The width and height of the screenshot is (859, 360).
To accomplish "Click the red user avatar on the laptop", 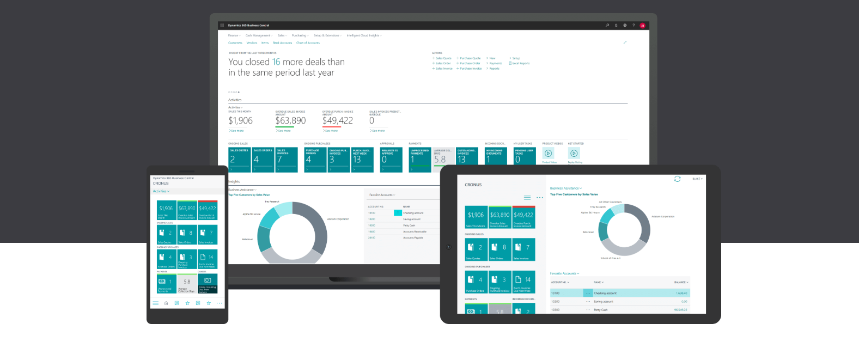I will pos(642,26).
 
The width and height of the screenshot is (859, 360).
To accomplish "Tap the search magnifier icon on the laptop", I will pos(607,25).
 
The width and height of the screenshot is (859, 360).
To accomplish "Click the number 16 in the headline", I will pos(276,62).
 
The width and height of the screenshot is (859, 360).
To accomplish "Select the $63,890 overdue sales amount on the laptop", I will pos(290,121).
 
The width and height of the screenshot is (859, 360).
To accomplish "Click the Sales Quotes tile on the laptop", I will pos(239,160).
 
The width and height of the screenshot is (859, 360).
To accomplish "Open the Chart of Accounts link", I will pos(308,43).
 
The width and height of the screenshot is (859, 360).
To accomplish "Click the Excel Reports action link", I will pos(520,64).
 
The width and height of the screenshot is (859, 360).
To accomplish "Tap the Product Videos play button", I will pos(549,154).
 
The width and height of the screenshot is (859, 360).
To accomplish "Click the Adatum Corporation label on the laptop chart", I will pos(338,219).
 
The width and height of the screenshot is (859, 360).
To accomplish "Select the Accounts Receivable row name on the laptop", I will pos(415,231).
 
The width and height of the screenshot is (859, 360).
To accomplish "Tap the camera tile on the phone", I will pos(208,283).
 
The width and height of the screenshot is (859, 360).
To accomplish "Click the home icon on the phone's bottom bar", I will pos(166,303).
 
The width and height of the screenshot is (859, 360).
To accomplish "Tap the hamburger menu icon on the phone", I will pos(155,303).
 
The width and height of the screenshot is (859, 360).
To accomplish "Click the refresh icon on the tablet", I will pos(677,179).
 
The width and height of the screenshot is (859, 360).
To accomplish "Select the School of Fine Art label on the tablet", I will pos(610,258).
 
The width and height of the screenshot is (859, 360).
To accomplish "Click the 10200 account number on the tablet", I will pos(555,301).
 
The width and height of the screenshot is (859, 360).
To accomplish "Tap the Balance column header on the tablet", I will pos(680,282).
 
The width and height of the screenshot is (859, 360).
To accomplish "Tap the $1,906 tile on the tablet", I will pos(476,217).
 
